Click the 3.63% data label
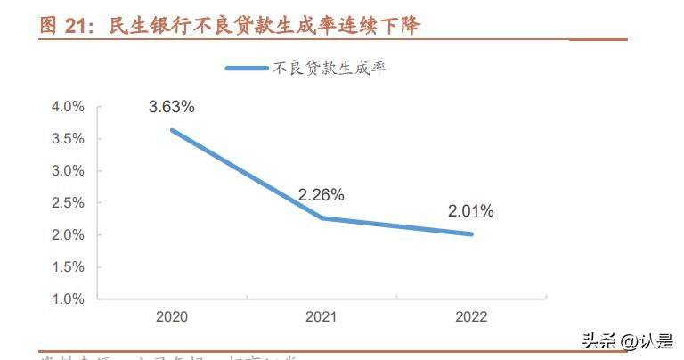tap(171, 107)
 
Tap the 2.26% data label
tap(321, 194)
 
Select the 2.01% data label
tap(470, 211)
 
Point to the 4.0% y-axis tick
tap(68, 107)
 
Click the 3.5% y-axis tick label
tap(68, 139)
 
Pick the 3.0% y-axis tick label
tap(68, 171)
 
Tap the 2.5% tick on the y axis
tap(68, 203)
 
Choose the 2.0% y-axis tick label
tap(68, 235)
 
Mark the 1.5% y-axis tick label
tap(68, 267)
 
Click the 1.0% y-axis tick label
tap(68, 299)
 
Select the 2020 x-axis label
tap(171, 316)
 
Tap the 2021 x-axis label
tap(321, 316)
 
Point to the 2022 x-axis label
tap(470, 316)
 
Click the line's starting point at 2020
tap(171, 130)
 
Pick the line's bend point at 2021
tap(321, 217)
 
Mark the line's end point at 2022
tap(471, 234)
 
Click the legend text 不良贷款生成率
tap(329, 68)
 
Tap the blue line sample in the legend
tap(247, 68)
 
